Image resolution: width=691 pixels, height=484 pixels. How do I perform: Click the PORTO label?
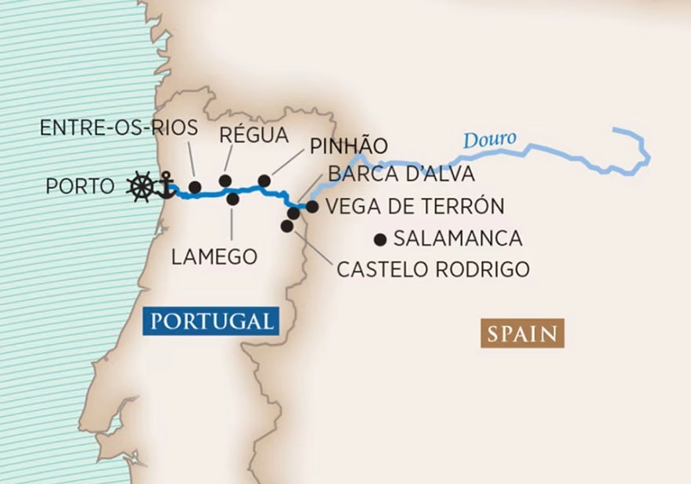coord(80,187)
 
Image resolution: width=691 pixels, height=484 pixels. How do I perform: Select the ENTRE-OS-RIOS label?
coord(118,127)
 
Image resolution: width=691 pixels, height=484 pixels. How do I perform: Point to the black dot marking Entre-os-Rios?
coord(195,187)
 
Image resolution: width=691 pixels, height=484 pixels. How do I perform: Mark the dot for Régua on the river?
coord(225,181)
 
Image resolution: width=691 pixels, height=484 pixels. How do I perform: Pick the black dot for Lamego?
coord(232,199)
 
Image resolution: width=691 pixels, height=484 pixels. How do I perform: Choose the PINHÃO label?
coord(349,146)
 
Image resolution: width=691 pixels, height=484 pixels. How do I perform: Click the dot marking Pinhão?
coord(265,181)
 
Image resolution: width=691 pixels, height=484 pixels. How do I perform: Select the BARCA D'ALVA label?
coord(401,173)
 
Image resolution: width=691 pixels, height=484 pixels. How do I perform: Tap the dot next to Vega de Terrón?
coord(312,206)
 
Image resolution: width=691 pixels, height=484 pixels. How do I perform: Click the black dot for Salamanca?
coord(381,239)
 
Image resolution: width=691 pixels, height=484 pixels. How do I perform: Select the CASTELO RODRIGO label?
coord(433,270)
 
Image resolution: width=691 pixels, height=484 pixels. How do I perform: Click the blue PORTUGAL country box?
coord(212,321)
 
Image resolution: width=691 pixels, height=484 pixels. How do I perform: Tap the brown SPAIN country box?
coord(522,334)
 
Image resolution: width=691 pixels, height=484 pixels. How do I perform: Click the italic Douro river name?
coord(489,140)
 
